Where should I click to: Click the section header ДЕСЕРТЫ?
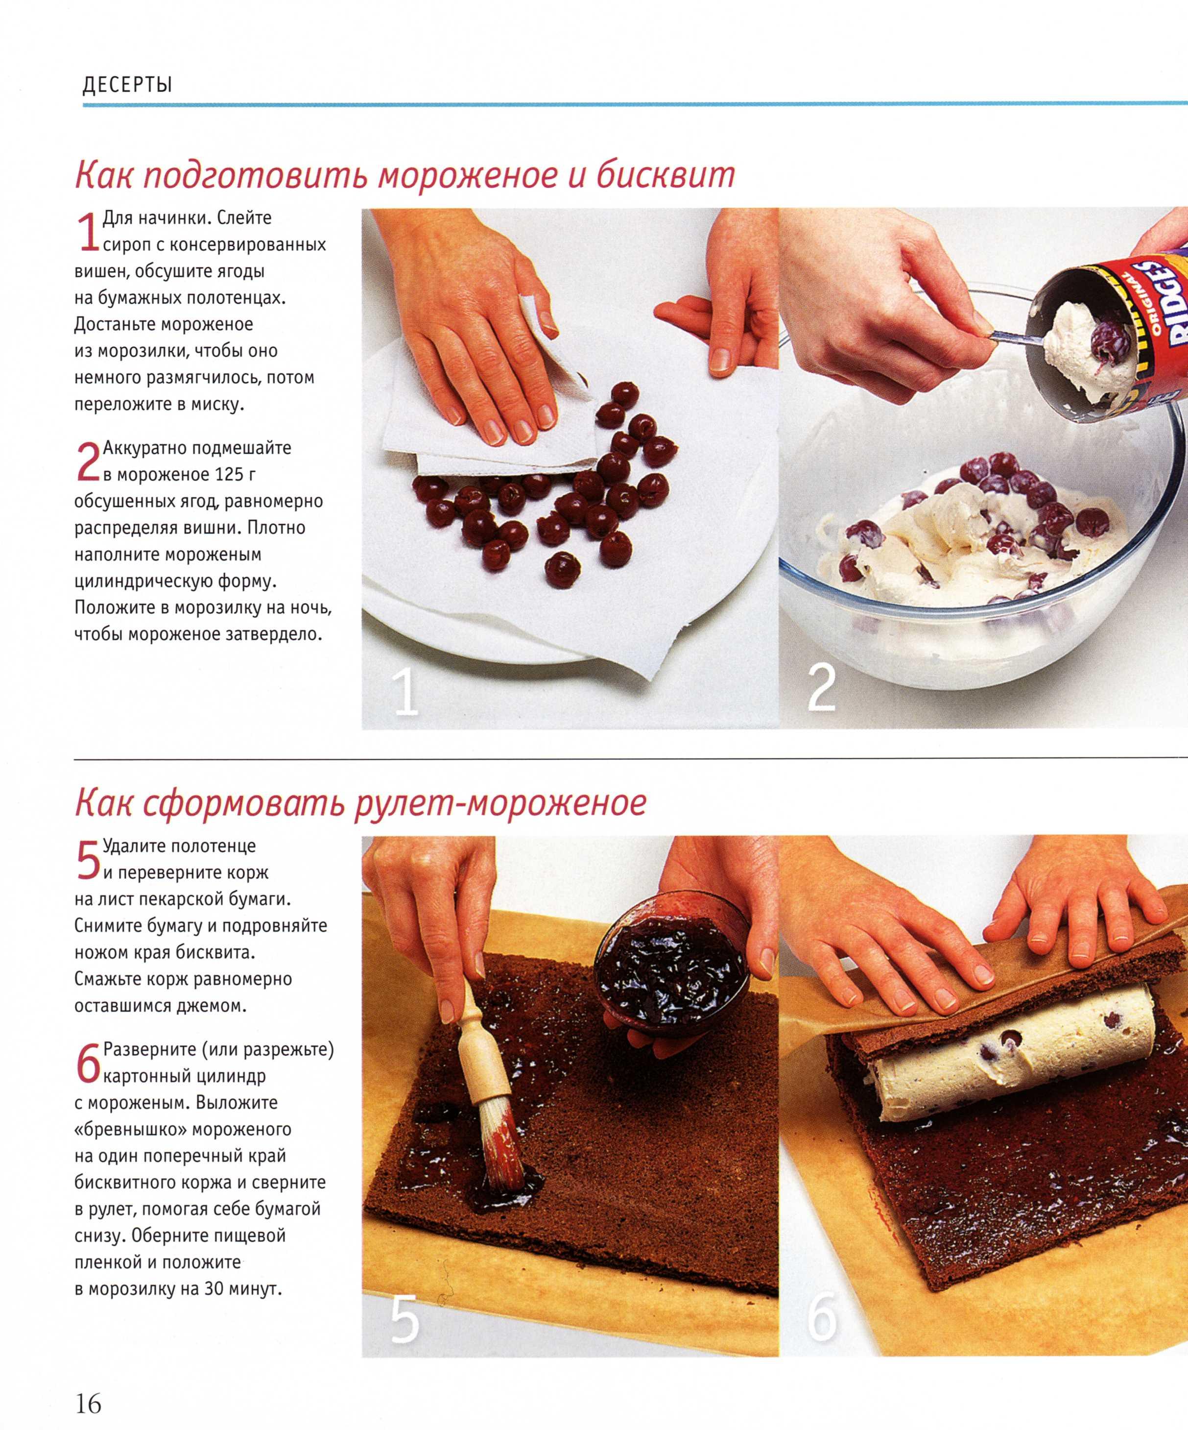tap(127, 85)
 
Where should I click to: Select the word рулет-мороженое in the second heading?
tap(500, 803)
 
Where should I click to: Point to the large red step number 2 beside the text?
tap(89, 462)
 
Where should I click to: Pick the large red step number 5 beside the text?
tap(89, 860)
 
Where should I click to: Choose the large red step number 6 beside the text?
tap(89, 1063)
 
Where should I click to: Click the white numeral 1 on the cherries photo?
tap(406, 692)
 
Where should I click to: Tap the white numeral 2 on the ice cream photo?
tap(822, 688)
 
